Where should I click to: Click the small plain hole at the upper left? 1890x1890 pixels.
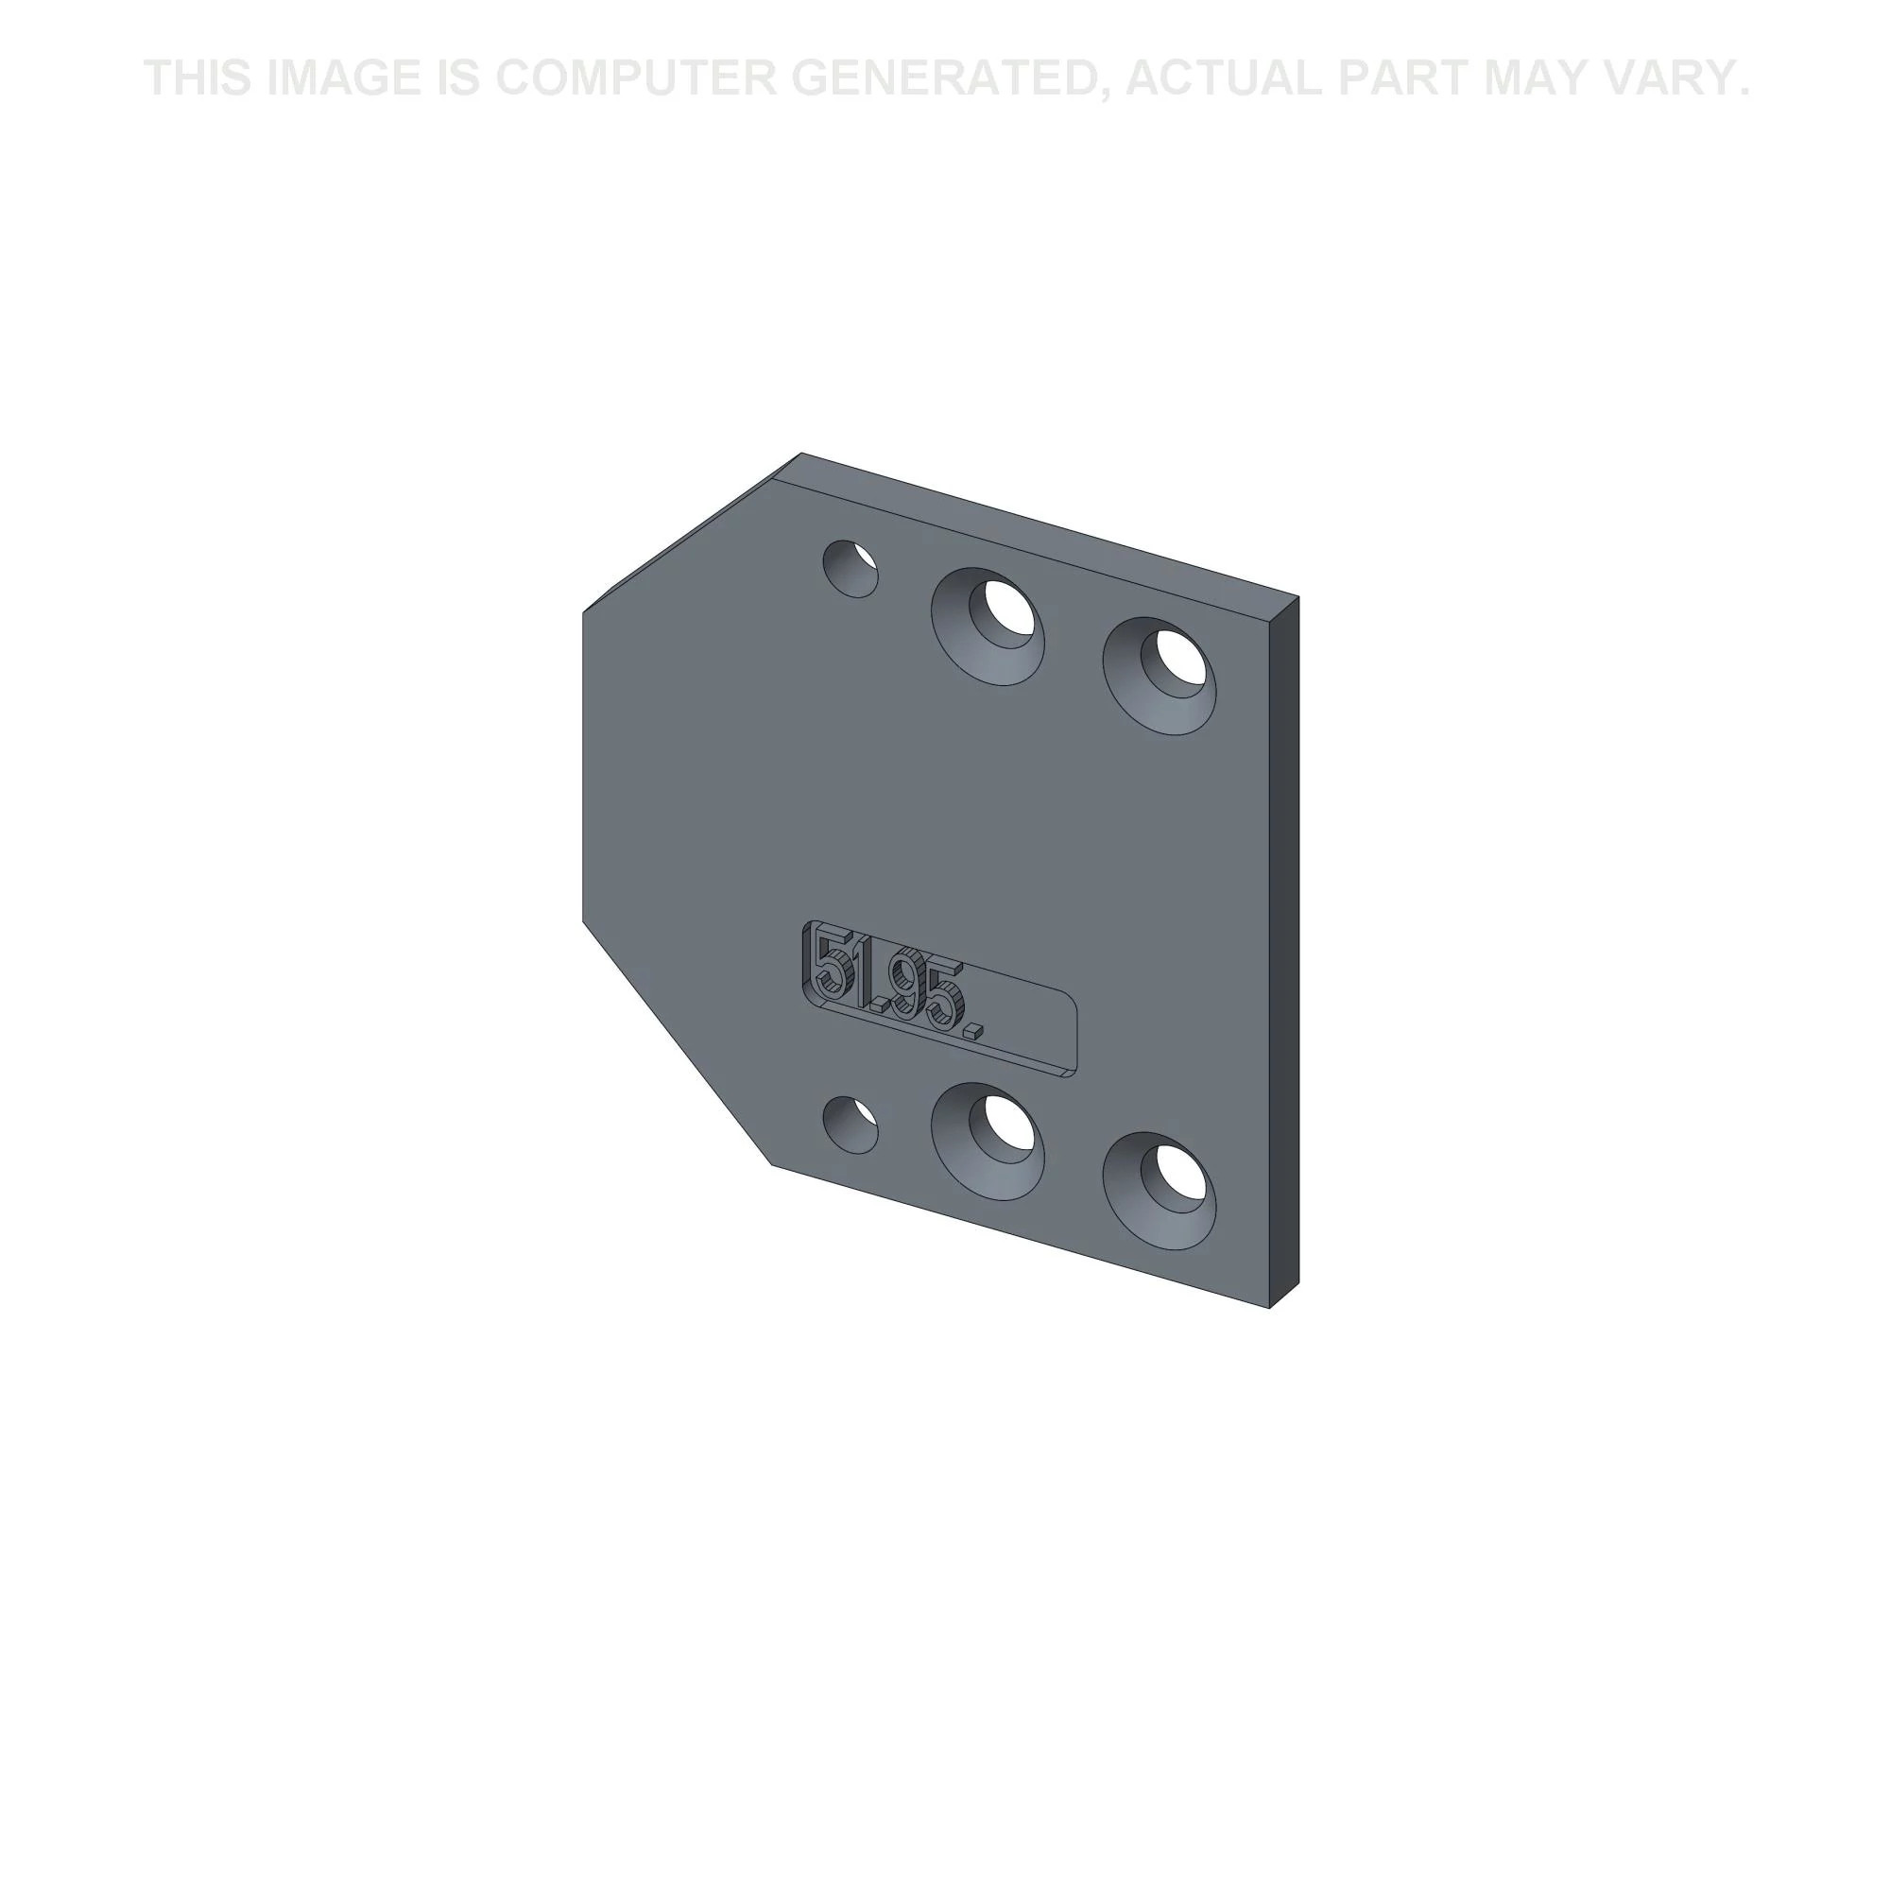coord(851,568)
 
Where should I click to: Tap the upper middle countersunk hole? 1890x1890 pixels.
coord(988,627)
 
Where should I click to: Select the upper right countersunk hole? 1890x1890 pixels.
coord(1160,676)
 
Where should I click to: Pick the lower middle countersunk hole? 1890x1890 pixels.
coord(988,1141)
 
